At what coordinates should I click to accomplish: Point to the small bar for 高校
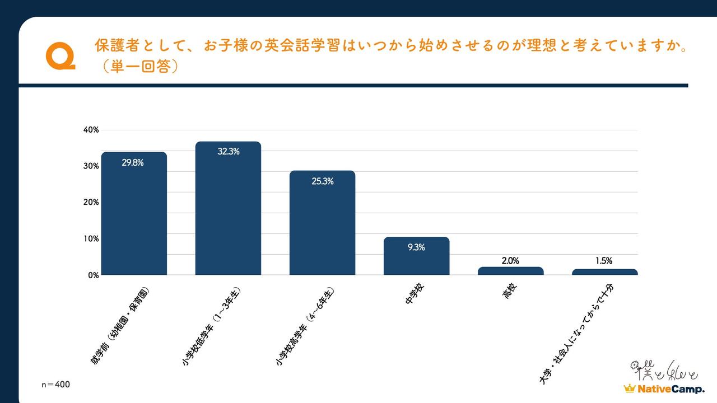pyautogui.click(x=510, y=271)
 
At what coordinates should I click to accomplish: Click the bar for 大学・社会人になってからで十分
pyautogui.click(x=604, y=272)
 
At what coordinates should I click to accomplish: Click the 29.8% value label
pyautogui.click(x=133, y=163)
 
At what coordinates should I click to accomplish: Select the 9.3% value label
pyautogui.click(x=416, y=247)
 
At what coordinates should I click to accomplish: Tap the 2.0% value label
pyautogui.click(x=510, y=260)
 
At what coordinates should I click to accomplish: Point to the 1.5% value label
pyautogui.click(x=604, y=260)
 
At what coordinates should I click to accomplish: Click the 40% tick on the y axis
pyautogui.click(x=91, y=130)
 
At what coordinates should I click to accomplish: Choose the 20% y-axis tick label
pyautogui.click(x=91, y=203)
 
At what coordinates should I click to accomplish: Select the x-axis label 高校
pyautogui.click(x=509, y=292)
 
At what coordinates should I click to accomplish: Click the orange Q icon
pyautogui.click(x=60, y=58)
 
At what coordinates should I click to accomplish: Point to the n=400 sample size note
pyautogui.click(x=56, y=385)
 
